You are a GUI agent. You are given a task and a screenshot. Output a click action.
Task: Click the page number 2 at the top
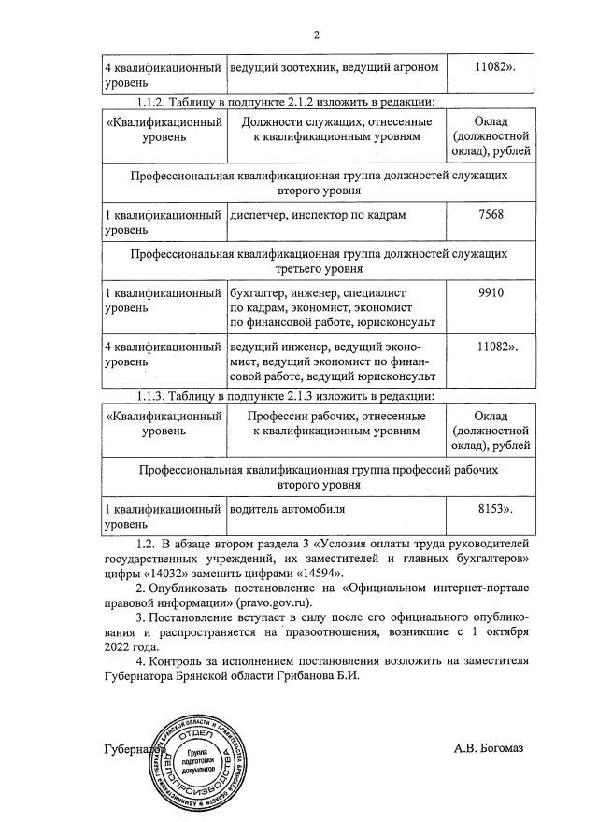point(316,35)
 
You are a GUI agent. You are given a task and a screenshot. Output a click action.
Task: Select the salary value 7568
point(490,215)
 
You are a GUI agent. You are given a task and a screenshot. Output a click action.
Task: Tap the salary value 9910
point(490,292)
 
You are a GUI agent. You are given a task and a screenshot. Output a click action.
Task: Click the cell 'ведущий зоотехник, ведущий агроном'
point(334,69)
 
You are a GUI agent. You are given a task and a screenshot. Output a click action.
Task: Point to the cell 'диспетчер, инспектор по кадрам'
point(318,215)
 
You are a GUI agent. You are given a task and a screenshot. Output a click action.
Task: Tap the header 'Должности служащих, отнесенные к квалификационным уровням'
point(334,130)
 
